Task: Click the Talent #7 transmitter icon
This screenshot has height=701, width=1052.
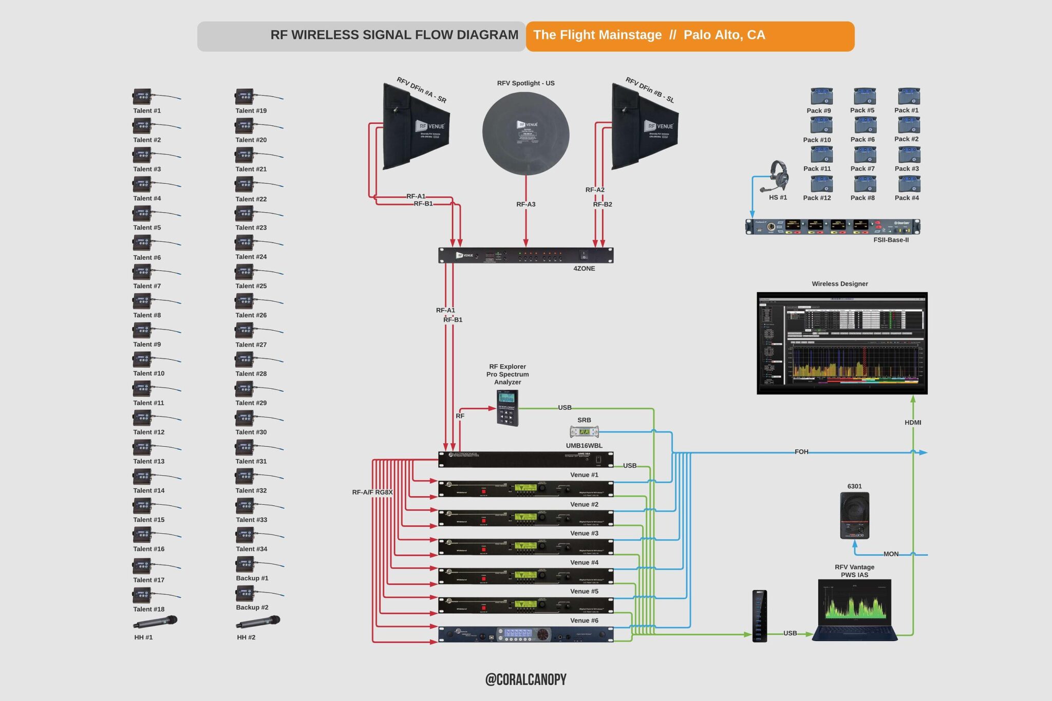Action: (x=142, y=272)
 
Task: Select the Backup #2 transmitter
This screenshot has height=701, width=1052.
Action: (x=245, y=594)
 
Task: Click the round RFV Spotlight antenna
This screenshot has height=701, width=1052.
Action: (x=525, y=134)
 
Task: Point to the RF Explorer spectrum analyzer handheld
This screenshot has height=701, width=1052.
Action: (x=508, y=408)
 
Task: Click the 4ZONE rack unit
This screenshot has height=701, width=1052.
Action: (x=525, y=255)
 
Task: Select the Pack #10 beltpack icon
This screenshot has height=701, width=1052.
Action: (x=821, y=125)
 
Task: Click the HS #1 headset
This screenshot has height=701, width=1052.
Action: (x=779, y=176)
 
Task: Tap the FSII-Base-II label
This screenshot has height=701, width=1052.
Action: (x=891, y=240)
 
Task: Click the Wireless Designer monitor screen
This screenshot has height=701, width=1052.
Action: (x=842, y=343)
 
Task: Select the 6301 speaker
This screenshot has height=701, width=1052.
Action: (x=854, y=515)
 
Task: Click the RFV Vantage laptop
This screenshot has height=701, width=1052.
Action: (x=855, y=610)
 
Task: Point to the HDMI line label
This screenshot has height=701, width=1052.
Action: (x=913, y=423)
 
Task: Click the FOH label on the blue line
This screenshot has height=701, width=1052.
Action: (x=801, y=452)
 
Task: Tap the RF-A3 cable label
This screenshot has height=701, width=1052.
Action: (x=525, y=204)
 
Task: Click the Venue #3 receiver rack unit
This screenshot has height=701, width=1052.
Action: (x=525, y=547)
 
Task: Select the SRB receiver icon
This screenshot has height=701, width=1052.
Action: (x=584, y=432)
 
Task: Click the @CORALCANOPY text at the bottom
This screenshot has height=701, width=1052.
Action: (x=525, y=679)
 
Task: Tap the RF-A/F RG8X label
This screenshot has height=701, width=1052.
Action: (x=372, y=492)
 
